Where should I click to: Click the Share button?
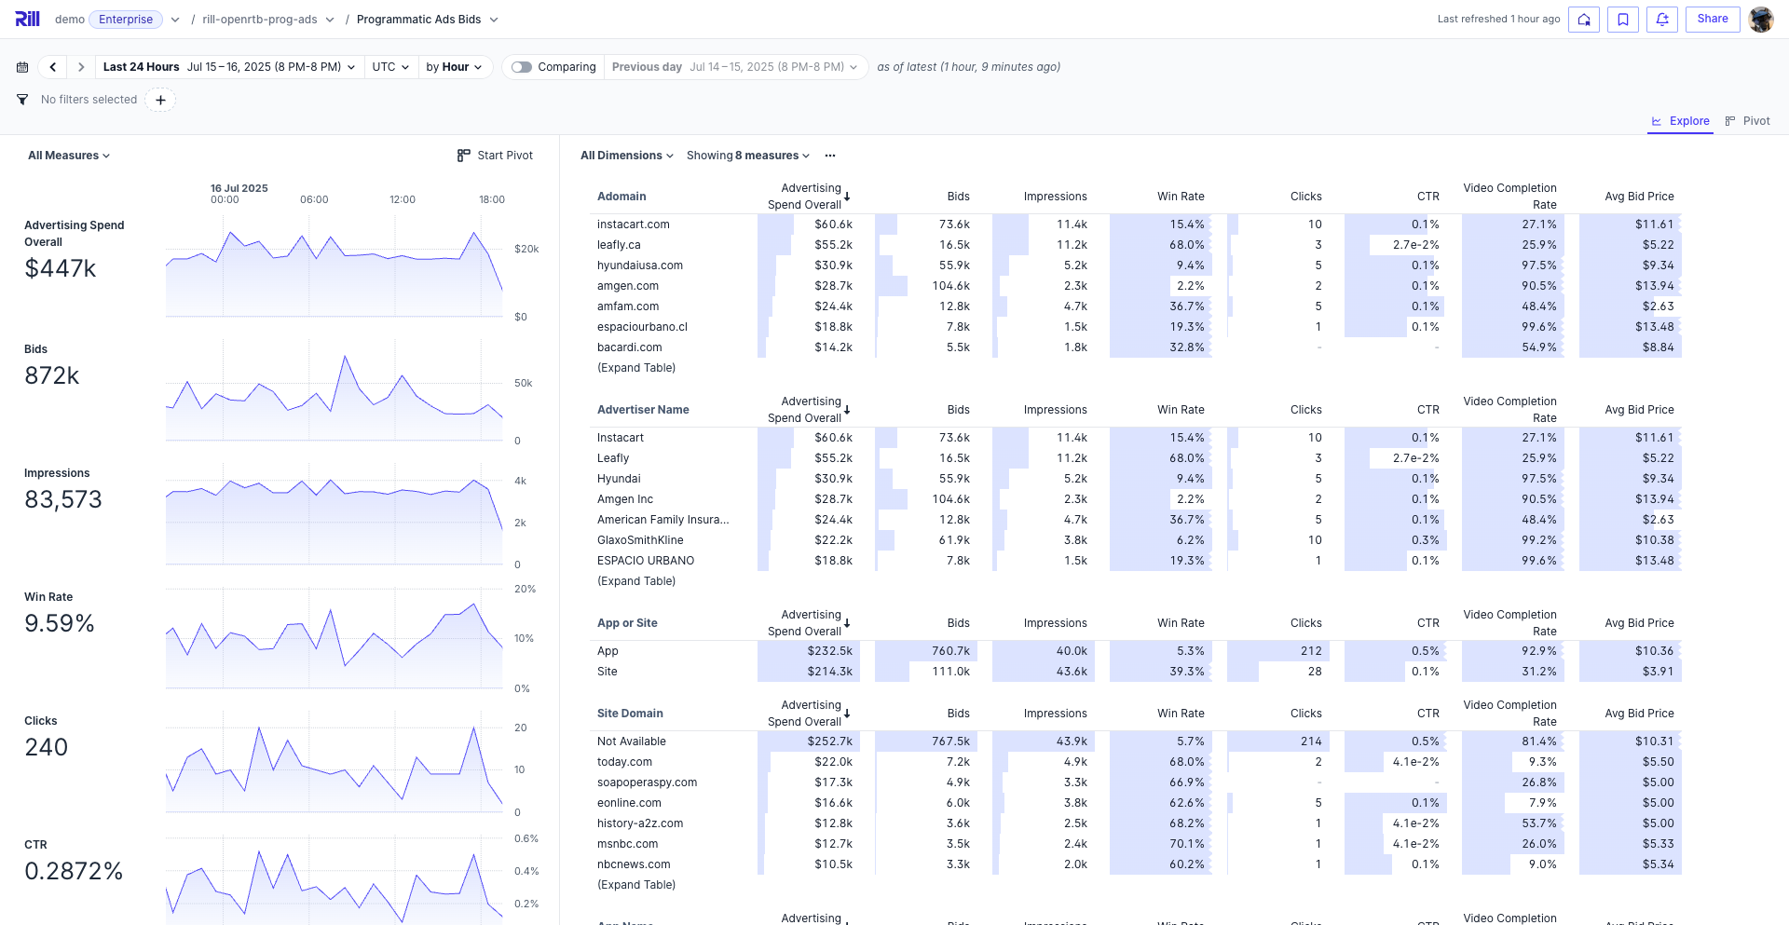(x=1712, y=19)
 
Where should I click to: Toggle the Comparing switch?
(x=522, y=67)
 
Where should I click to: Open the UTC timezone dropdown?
(x=390, y=67)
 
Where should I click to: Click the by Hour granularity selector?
(x=454, y=67)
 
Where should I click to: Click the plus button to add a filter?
(x=160, y=100)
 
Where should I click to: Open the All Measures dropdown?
(x=69, y=156)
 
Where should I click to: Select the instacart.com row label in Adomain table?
(x=634, y=224)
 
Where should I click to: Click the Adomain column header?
(x=621, y=197)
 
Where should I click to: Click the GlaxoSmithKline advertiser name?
(x=640, y=540)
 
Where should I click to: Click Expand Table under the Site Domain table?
(x=636, y=885)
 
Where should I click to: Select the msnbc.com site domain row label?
(x=627, y=844)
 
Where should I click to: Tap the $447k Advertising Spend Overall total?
(x=61, y=269)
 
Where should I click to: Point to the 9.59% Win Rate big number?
(x=60, y=624)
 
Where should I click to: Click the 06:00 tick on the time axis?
(x=314, y=199)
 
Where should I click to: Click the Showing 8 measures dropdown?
(x=747, y=156)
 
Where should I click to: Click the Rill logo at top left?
(x=27, y=19)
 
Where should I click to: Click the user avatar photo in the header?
(x=1760, y=19)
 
